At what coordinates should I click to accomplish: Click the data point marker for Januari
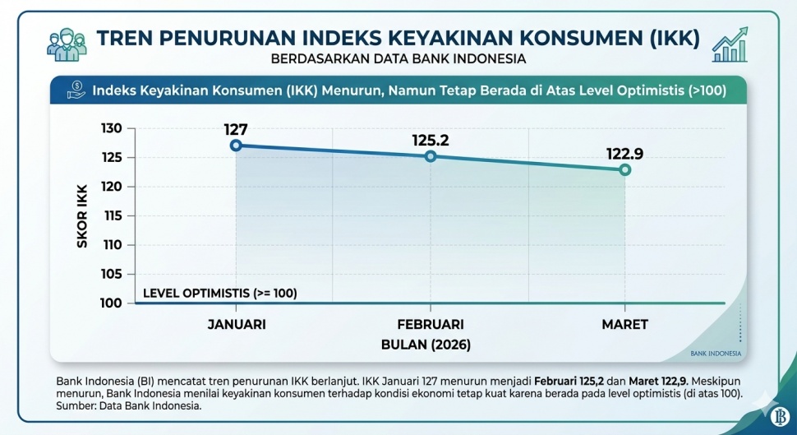[x=236, y=146]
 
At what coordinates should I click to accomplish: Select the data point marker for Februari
[x=431, y=156]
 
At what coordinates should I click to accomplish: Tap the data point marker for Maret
[x=624, y=169]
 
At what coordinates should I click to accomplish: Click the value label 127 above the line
[x=236, y=128]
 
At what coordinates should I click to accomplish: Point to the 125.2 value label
[x=431, y=140]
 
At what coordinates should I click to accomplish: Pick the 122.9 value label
[x=624, y=153]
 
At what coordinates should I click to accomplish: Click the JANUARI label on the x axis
[x=236, y=324]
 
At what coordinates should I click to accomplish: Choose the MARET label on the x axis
[x=624, y=324]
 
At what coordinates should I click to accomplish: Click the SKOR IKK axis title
[x=82, y=216]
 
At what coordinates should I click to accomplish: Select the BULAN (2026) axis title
[x=426, y=345]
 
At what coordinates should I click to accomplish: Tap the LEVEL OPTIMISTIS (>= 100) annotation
[x=219, y=293]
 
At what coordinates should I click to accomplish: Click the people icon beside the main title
[x=67, y=44]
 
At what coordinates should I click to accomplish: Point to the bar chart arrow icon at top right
[x=730, y=44]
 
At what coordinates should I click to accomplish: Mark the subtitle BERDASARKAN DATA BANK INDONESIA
[x=398, y=59]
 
